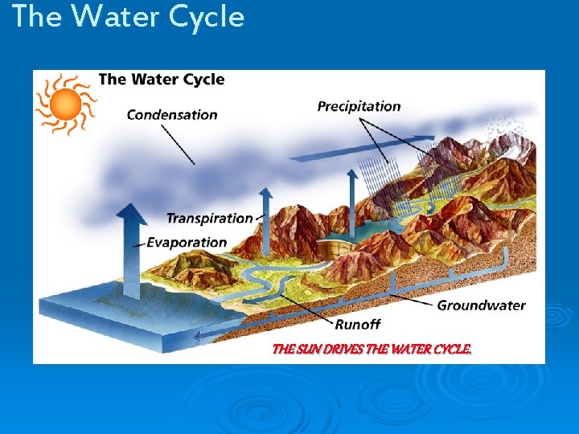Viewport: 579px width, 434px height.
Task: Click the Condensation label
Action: pos(172,115)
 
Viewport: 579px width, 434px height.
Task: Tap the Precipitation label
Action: pos(359,106)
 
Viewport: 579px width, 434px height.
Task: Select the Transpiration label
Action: pos(209,218)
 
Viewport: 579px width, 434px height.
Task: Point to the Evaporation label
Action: pos(187,242)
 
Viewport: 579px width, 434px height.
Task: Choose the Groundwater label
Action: pos(481,305)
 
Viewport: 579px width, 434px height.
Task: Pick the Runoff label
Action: pos(357,324)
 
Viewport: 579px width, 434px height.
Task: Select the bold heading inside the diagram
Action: pos(161,80)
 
